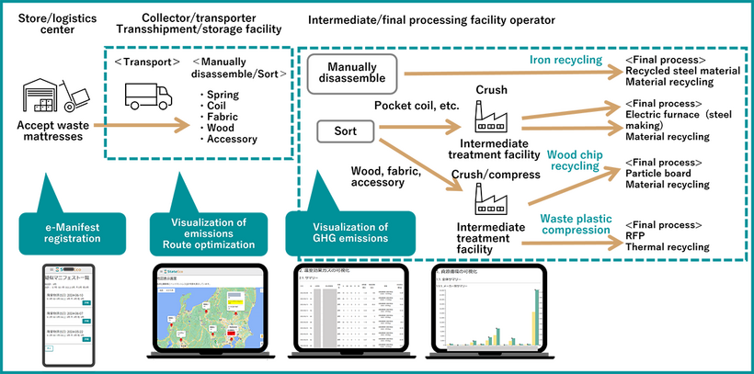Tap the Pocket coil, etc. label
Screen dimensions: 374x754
pyautogui.click(x=417, y=106)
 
